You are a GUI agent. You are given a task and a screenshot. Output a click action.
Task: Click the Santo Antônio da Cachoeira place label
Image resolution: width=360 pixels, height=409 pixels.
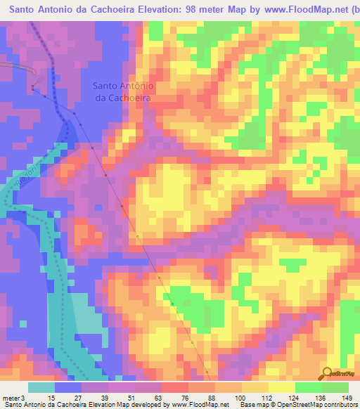[x=123, y=92]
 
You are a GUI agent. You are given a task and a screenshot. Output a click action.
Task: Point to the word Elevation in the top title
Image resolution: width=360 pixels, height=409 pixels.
[x=145, y=10]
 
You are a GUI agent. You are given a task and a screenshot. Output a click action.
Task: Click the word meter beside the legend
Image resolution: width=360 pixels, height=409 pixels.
[x=10, y=397]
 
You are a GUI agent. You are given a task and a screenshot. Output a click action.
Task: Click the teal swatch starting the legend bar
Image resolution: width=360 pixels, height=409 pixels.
[x=41, y=387]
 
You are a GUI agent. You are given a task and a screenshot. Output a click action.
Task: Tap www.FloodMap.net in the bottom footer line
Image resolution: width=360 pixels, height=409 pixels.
[x=200, y=405]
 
